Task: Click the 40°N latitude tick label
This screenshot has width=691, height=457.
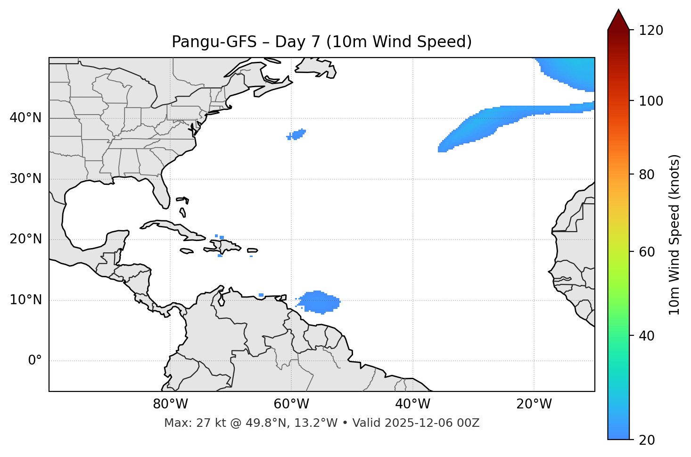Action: pos(25,118)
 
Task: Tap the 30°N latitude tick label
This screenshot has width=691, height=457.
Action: pos(25,179)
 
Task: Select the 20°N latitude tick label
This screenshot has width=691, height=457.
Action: pos(25,239)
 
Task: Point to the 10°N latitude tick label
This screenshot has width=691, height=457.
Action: pos(25,300)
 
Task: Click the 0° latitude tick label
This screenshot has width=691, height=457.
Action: pos(35,361)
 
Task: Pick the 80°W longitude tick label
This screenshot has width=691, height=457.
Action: pos(170,404)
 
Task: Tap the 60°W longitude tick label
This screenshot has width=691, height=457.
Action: pos(291,404)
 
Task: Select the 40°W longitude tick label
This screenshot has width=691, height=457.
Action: pos(412,404)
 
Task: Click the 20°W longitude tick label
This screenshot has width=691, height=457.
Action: pos(534,404)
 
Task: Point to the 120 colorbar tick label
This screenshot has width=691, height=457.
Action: pos(650,30)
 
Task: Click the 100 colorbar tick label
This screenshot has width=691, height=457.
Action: pos(650,101)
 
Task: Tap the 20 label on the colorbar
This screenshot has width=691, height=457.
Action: pos(647,440)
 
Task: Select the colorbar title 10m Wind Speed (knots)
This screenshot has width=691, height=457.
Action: pos(675,234)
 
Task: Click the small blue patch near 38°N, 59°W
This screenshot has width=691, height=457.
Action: pos(297,134)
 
